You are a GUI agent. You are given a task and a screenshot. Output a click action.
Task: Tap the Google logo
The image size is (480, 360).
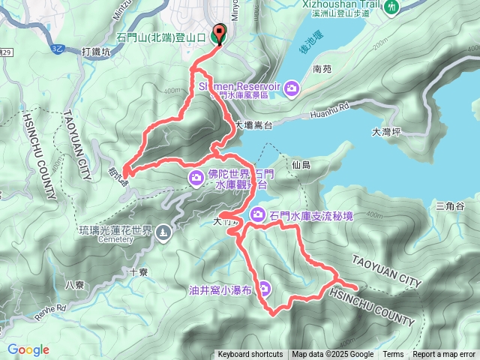tap(28, 349)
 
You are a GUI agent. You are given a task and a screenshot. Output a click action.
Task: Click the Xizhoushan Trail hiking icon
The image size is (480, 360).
tap(391, 7)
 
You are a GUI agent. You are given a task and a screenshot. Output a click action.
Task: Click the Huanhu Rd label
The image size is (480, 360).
tap(328, 116)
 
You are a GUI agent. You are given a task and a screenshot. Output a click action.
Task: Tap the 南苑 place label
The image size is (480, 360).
tap(322, 69)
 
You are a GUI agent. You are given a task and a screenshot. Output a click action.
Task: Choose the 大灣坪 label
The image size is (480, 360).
tap(387, 132)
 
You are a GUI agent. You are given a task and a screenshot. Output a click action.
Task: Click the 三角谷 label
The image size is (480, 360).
tap(451, 205)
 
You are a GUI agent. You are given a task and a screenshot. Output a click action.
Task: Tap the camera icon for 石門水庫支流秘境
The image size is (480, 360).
tap(257, 214)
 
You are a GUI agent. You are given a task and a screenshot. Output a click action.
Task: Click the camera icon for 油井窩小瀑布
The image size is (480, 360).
tap(265, 289)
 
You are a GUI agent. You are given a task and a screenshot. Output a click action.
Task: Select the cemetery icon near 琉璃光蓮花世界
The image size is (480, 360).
tap(164, 233)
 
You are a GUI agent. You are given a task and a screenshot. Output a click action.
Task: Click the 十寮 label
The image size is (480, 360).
tap(137, 272)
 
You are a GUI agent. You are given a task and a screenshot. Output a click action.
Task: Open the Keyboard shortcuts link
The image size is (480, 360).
tap(250, 355)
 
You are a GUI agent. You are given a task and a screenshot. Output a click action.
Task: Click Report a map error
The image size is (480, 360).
tap(444, 355)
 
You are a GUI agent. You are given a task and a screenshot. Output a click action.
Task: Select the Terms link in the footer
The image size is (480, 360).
tap(393, 355)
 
